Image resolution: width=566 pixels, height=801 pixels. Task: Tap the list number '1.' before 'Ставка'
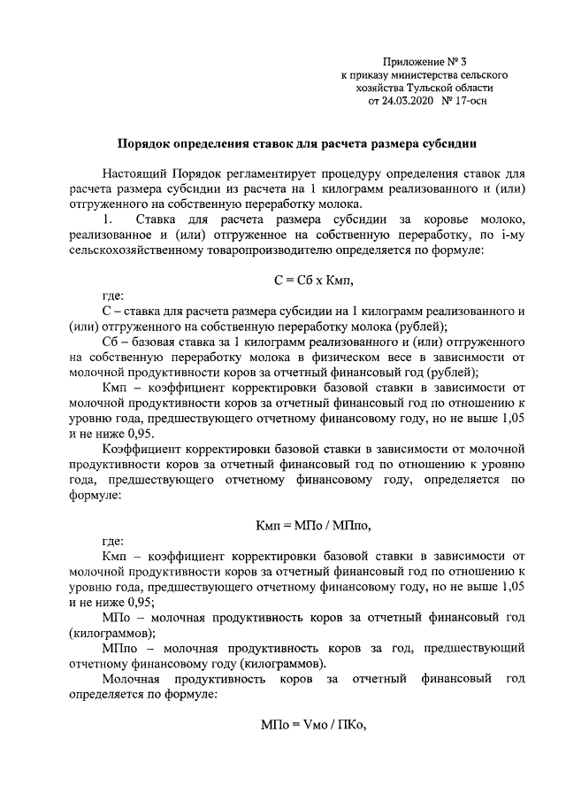pos(108,219)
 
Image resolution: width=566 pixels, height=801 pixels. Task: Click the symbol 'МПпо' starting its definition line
pos(119,650)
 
